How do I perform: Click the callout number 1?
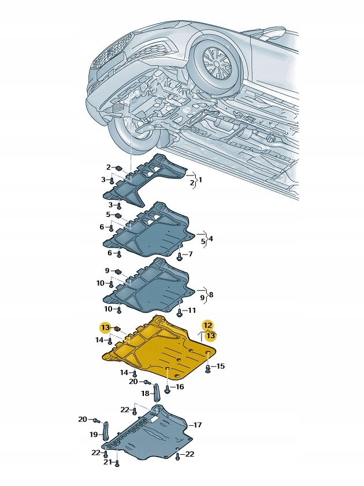click(x=200, y=180)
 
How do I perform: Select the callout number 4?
click(x=211, y=238)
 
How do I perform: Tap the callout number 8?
click(x=211, y=294)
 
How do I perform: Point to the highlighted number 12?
click(x=207, y=325)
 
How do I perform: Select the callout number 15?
click(x=220, y=367)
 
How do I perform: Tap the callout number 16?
click(x=180, y=387)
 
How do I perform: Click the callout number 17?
click(x=197, y=425)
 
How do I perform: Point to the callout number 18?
click(x=145, y=392)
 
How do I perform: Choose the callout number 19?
click(x=93, y=433)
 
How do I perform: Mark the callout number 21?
click(x=106, y=462)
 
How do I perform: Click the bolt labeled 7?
click(x=180, y=256)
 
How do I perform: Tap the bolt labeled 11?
click(x=180, y=312)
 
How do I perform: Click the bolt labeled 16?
click(x=167, y=390)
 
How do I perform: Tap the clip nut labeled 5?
click(x=118, y=215)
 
